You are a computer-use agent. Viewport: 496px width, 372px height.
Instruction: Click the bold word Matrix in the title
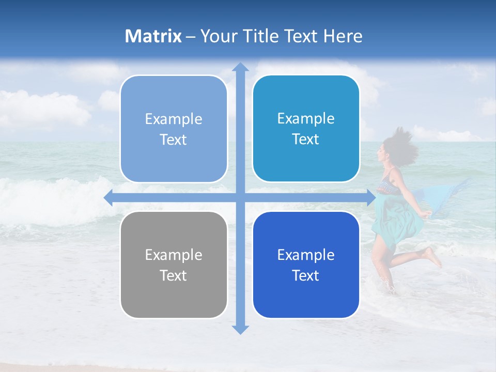[x=153, y=36]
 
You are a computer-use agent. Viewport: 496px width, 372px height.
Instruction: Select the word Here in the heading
[x=343, y=36]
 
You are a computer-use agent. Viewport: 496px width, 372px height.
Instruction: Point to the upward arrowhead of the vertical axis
[x=240, y=68]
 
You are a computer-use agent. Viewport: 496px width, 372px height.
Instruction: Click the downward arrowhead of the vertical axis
[x=240, y=329]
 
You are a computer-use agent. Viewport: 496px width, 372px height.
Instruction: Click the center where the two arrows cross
[x=240, y=197]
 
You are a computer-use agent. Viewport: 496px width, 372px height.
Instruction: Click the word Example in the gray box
[x=174, y=255]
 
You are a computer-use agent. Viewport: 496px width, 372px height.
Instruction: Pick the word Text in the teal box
[x=306, y=139]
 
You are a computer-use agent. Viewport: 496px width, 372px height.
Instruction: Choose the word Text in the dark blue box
[x=306, y=275]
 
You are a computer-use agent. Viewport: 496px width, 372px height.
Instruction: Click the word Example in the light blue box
[x=174, y=119]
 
